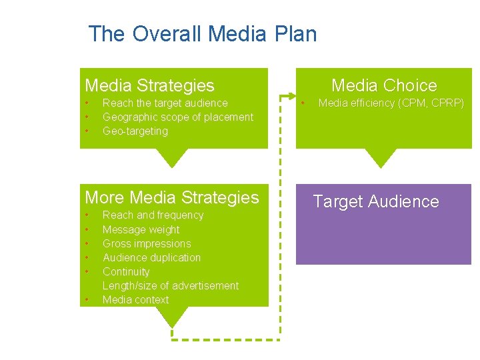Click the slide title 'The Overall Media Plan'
[x=203, y=33]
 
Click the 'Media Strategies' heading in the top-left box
[x=149, y=85]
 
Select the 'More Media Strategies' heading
[x=172, y=197]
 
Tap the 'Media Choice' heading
[x=384, y=85]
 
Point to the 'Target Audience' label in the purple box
[x=376, y=201]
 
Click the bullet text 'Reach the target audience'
[x=165, y=103]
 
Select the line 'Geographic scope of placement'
[x=177, y=117]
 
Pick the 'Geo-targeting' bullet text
[x=135, y=131]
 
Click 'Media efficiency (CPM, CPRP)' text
[x=391, y=103]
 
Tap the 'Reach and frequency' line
[x=153, y=215]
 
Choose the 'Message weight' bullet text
[x=141, y=229]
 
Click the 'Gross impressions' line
[x=147, y=243]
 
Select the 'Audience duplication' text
[x=151, y=257]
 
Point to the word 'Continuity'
[x=126, y=271]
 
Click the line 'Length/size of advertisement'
[x=170, y=285]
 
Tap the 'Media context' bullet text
[x=135, y=299]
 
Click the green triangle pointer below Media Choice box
[x=381, y=158]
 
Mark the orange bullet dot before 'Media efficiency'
[x=303, y=103]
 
